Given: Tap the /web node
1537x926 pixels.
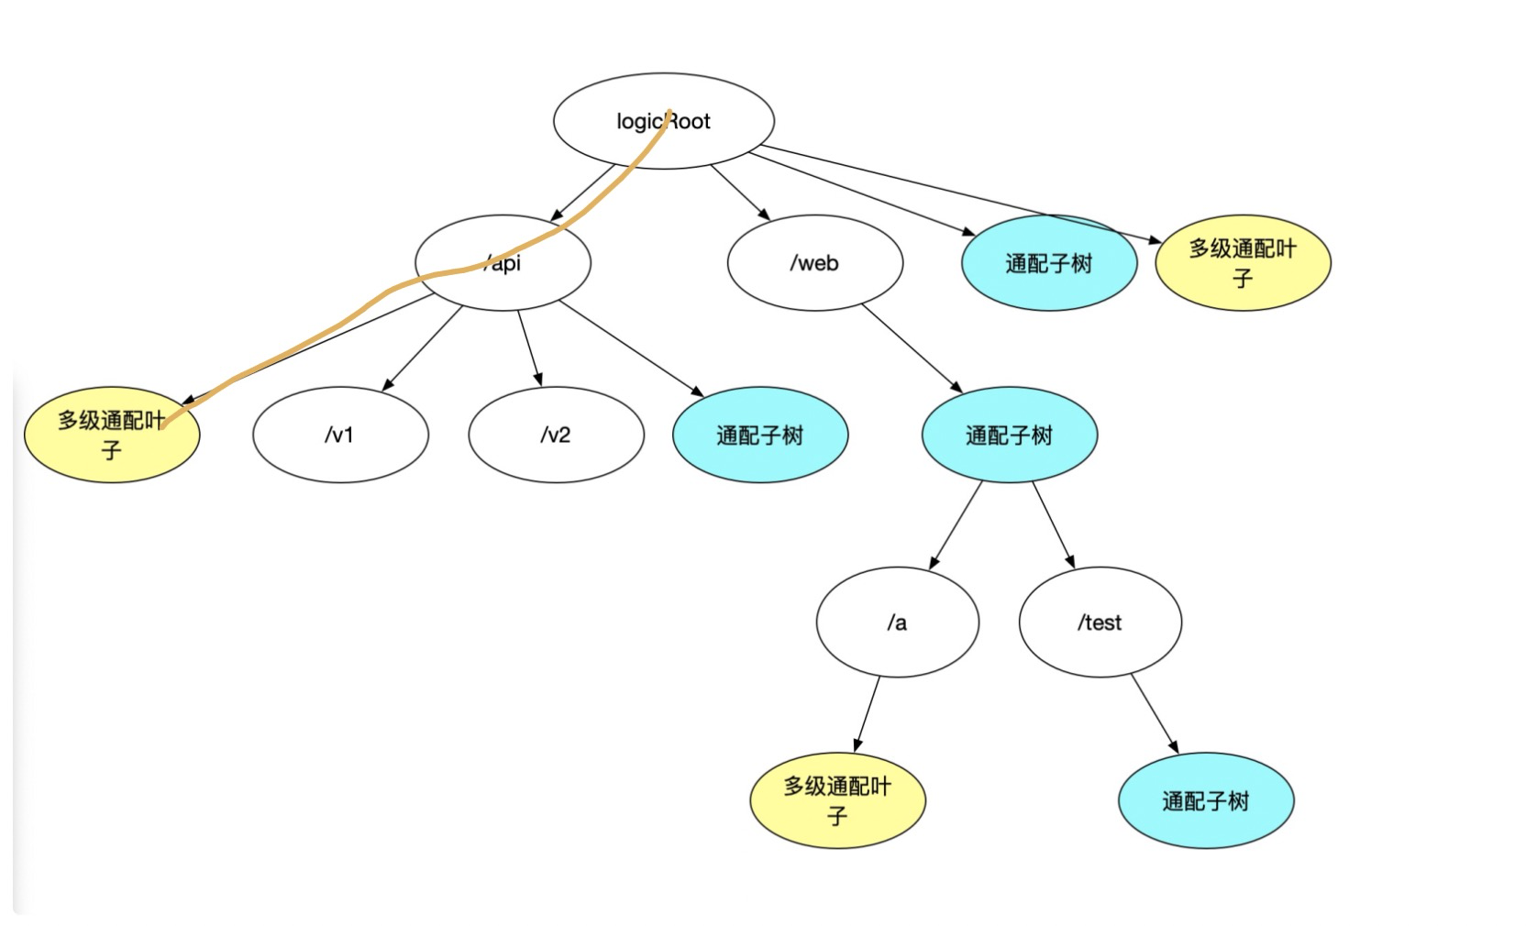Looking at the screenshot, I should click(x=814, y=263).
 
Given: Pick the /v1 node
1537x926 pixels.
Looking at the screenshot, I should click(x=340, y=435).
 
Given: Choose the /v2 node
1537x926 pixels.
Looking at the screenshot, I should click(x=556, y=435).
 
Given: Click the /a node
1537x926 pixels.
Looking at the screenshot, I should click(x=897, y=623).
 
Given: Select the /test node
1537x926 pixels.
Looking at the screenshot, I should click(x=1100, y=623).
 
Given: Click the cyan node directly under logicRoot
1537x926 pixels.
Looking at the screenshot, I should click(x=1049, y=263).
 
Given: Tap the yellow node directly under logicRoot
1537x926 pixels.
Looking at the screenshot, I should click(x=1243, y=263).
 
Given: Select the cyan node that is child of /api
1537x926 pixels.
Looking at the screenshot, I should click(x=759, y=435).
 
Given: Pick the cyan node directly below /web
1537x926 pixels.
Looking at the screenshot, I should click(x=1009, y=435).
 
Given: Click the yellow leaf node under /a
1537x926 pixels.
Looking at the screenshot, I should click(x=837, y=800).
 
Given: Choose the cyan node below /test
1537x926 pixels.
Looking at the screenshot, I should click(x=1205, y=800).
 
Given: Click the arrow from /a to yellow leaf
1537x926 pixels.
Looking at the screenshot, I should click(x=868, y=714).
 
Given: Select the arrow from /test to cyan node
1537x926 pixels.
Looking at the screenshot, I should click(x=1155, y=714).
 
